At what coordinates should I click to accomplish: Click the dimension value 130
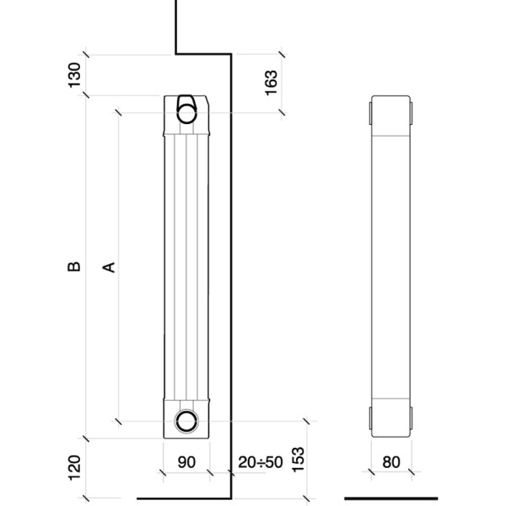[x=74, y=75]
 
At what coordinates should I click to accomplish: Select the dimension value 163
[x=271, y=83]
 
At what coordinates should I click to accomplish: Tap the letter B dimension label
[x=74, y=266]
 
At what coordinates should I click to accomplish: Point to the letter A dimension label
[x=109, y=267]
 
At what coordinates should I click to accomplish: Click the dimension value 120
[x=74, y=467]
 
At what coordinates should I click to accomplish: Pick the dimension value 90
[x=186, y=462]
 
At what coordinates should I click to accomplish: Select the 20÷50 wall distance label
[x=261, y=462]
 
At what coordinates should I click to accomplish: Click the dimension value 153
[x=298, y=460]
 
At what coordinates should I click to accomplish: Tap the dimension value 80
[x=391, y=462]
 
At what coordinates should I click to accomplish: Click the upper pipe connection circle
[x=186, y=113]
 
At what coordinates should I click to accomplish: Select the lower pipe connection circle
[x=186, y=421]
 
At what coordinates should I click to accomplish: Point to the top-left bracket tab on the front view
[x=370, y=113]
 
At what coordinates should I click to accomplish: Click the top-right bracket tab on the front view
[x=412, y=113]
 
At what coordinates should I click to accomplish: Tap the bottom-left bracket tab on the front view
[x=370, y=418]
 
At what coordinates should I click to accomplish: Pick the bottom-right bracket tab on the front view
[x=412, y=418]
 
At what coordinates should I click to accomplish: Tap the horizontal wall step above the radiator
[x=203, y=54]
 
